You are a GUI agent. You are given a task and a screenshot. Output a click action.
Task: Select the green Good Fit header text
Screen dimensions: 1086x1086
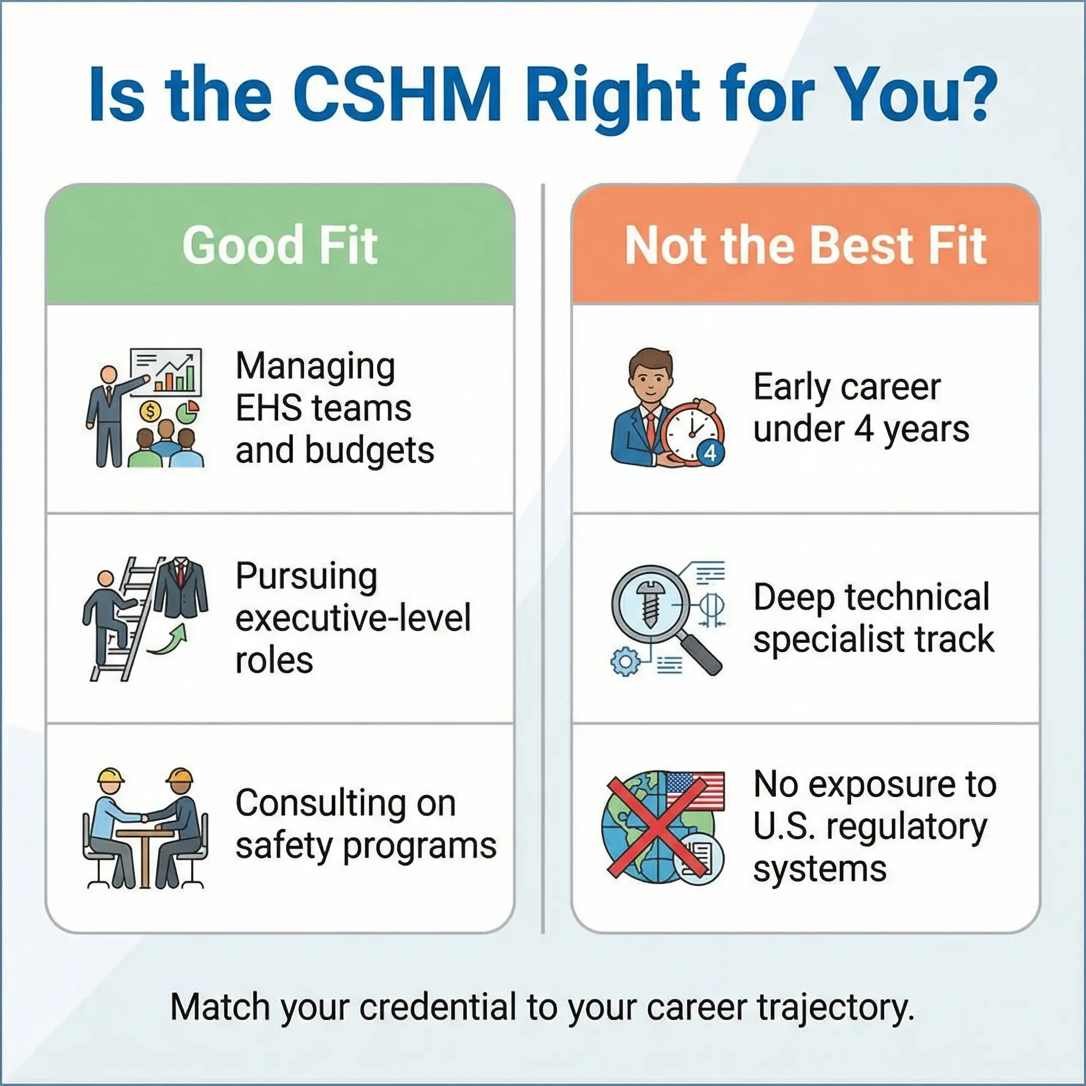(x=280, y=245)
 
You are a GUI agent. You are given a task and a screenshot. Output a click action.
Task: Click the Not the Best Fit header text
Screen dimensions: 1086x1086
(x=805, y=245)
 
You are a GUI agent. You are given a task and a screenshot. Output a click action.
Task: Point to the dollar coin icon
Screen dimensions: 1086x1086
(x=150, y=411)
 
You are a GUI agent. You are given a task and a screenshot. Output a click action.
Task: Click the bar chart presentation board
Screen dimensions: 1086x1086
(x=166, y=372)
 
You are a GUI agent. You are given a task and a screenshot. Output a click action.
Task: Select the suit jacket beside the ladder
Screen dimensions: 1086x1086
(x=180, y=588)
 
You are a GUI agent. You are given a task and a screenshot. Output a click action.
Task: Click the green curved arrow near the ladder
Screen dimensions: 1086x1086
(x=167, y=641)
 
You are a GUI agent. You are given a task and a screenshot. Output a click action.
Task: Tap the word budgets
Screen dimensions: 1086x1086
(x=369, y=451)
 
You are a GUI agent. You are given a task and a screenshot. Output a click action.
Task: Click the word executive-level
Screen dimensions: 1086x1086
(x=353, y=618)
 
